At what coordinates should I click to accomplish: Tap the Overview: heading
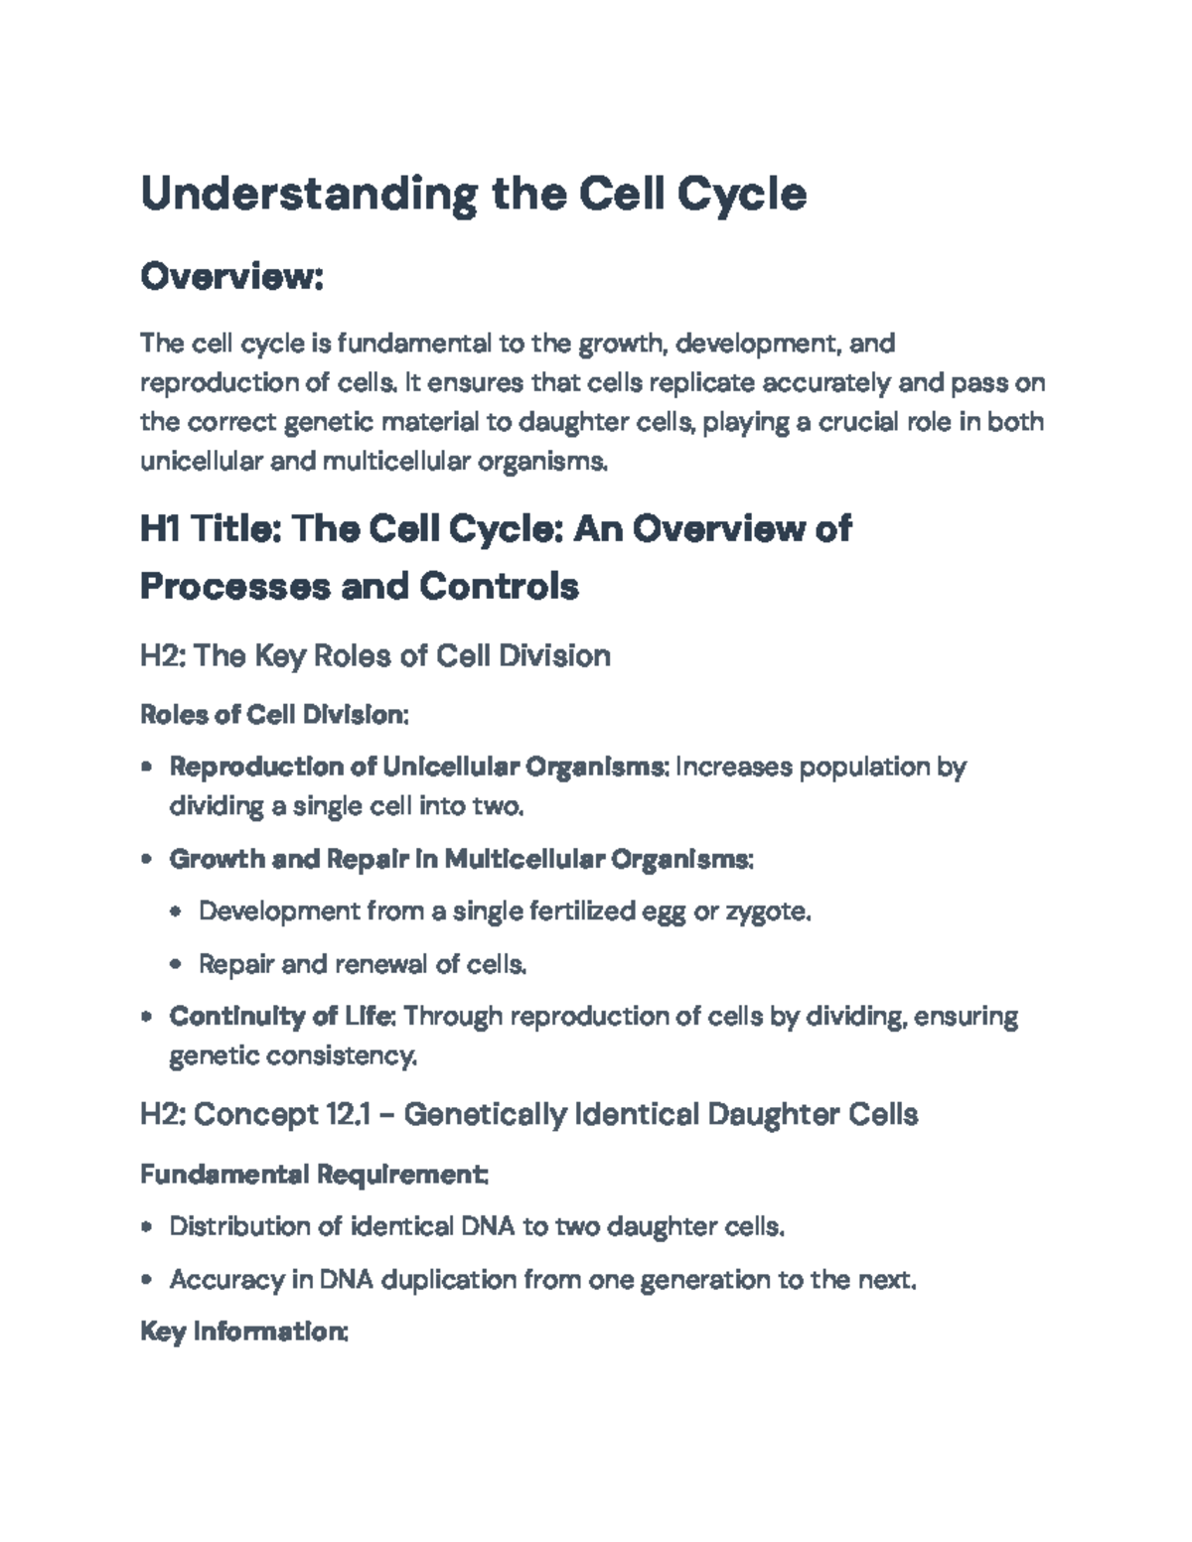[232, 277]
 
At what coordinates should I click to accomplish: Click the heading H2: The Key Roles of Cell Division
[374, 655]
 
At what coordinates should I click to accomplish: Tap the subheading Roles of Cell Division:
[274, 715]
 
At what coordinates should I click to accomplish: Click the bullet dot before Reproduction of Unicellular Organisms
[147, 768]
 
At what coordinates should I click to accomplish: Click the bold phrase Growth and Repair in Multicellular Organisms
[460, 859]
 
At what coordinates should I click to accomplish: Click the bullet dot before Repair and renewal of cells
[177, 964]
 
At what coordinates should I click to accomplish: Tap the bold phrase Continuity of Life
[283, 1017]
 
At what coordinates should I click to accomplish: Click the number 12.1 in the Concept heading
[348, 1115]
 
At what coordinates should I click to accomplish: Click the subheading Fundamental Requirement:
[313, 1175]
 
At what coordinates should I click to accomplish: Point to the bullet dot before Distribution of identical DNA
[147, 1227]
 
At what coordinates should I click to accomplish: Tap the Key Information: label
[243, 1332]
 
